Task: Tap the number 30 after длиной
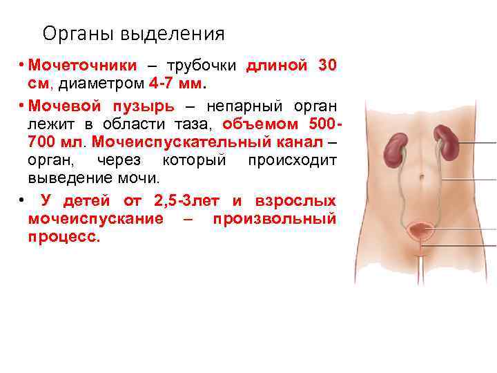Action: pos(327,66)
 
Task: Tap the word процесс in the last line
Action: pos(63,237)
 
